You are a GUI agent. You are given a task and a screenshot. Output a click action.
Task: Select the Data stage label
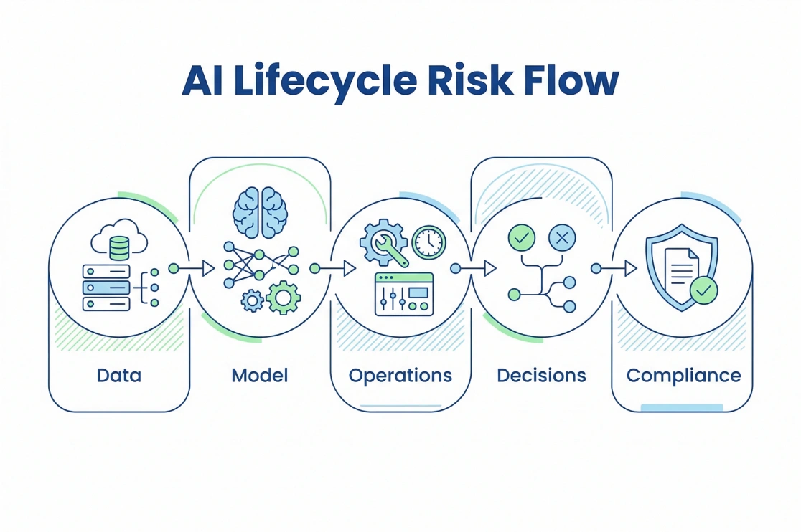[x=119, y=375]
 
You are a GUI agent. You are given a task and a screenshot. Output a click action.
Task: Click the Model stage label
[x=260, y=375]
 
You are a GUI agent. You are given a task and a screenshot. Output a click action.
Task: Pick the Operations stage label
[x=400, y=375]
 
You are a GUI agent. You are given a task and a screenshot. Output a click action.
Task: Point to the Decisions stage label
[x=541, y=375]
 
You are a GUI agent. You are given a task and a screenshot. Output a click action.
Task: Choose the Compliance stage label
[x=683, y=375]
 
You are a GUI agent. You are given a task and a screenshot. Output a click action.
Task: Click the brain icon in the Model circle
[x=260, y=213]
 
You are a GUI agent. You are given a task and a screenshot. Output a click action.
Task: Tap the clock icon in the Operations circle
[x=429, y=242]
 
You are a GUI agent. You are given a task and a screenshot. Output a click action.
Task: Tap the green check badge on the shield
[x=703, y=290]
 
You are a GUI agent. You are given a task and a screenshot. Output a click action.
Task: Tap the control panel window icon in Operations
[x=404, y=294]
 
